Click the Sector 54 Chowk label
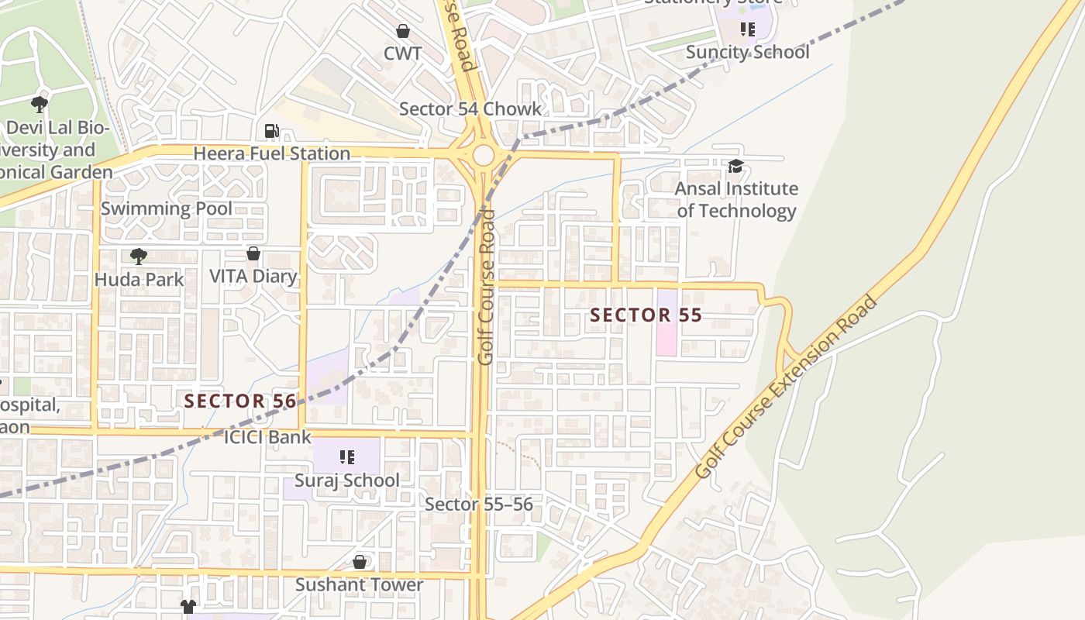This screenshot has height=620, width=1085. [470, 109]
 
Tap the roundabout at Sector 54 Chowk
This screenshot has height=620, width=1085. [484, 155]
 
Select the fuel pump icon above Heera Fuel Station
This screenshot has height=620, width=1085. [271, 132]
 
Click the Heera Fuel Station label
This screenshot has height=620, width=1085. [271, 153]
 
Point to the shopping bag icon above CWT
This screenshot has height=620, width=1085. [403, 31]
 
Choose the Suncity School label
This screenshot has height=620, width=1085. [747, 52]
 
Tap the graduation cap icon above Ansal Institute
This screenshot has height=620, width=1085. [735, 166]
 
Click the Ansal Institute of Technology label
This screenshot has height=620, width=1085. [735, 199]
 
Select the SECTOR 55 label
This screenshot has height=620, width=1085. [646, 315]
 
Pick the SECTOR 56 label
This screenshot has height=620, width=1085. [240, 401]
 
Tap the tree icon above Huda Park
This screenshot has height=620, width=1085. [139, 256]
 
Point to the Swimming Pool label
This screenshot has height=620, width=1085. [166, 208]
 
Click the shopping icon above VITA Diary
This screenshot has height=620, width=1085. [253, 253]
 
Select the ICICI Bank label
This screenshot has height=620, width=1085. [267, 437]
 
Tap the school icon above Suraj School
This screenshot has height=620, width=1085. [347, 457]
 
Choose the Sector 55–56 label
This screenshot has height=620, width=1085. [478, 505]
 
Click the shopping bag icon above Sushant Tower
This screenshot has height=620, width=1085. [360, 561]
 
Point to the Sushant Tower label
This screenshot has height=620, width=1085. [359, 584]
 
